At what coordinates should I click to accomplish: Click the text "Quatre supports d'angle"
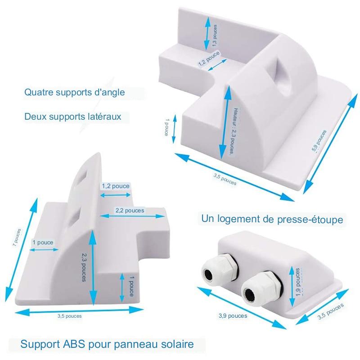tap(74, 93)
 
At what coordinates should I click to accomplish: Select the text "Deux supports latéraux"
tap(73, 116)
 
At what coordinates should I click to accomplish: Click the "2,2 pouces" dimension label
tap(130, 210)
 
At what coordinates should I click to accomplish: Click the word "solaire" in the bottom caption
tap(173, 345)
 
